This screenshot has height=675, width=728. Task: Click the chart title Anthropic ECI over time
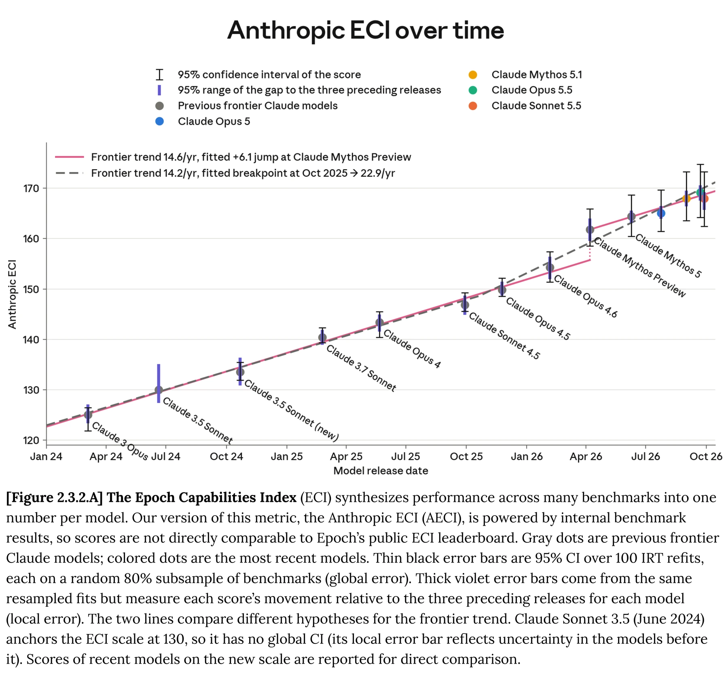[x=366, y=30]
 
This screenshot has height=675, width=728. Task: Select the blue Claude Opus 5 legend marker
[x=160, y=121]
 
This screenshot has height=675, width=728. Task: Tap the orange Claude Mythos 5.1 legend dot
[x=473, y=75]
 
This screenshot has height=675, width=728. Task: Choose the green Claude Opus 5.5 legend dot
[x=473, y=90]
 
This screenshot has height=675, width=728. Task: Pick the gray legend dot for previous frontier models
[x=160, y=106]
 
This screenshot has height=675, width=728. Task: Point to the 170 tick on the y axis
[x=32, y=189]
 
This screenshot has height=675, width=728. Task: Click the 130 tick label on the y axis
[x=32, y=390]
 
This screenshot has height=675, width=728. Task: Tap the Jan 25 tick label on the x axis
[x=287, y=457]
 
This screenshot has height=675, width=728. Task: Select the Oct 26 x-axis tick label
[x=706, y=457]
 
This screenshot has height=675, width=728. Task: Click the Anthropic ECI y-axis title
[x=13, y=294]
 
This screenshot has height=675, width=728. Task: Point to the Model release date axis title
[x=381, y=471]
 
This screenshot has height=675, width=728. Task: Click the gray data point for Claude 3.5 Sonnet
[x=159, y=390]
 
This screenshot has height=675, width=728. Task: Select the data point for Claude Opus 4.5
[x=502, y=290]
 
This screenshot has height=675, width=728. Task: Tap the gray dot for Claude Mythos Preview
[x=590, y=230]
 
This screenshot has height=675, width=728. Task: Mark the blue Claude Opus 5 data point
[x=661, y=213]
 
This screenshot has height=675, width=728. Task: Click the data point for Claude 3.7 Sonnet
[x=322, y=337]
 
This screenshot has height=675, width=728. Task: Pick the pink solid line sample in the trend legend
[x=70, y=157]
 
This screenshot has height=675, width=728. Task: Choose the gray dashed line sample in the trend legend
[x=70, y=173]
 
